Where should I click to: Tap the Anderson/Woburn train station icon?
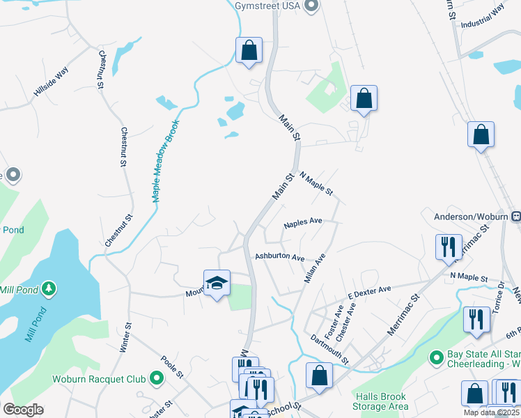tap(516, 217)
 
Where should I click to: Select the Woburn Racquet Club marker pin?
tap(157, 380)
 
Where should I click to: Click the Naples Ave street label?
tap(303, 223)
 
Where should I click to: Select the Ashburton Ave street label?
tap(279, 257)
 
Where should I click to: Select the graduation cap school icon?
tap(217, 283)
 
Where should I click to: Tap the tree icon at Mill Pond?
tap(48, 288)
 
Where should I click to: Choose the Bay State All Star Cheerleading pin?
tap(437, 358)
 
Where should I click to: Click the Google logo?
tap(24, 410)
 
